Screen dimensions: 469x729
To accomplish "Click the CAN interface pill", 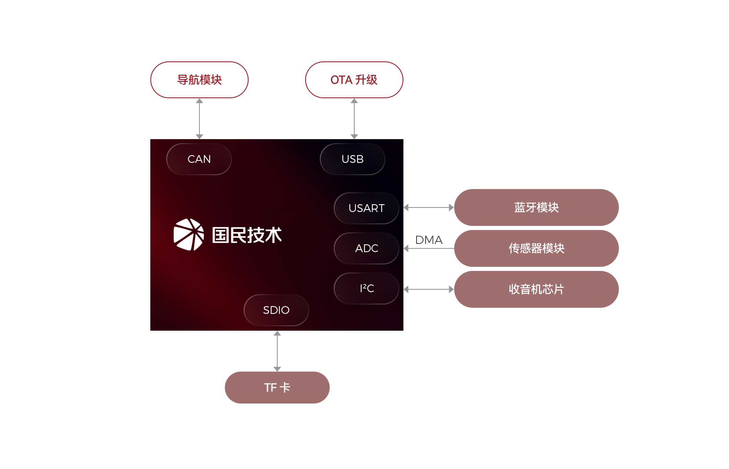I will [x=199, y=159].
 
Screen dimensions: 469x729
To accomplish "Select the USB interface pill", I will [x=352, y=159].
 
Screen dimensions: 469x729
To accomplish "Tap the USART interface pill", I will [x=366, y=208].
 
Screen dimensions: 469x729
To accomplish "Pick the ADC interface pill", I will [x=366, y=248].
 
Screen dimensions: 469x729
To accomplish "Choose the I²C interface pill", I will [x=366, y=289].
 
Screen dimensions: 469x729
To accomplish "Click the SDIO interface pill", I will [x=276, y=310].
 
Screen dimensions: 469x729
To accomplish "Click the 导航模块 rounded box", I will [x=199, y=80].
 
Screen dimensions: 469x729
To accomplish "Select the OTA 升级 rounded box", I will [x=354, y=80].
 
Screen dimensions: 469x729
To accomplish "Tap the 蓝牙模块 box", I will [x=536, y=207].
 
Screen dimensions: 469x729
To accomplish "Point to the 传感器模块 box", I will [x=536, y=248].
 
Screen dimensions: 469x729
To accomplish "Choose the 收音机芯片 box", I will [x=536, y=289].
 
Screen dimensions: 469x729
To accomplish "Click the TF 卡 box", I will [x=277, y=387].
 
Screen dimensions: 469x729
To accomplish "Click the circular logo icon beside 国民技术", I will [x=189, y=234].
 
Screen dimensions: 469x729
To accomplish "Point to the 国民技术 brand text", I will [x=247, y=235].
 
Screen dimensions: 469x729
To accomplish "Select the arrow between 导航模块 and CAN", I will [x=199, y=118].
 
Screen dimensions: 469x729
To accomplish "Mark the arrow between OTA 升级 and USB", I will [x=354, y=118].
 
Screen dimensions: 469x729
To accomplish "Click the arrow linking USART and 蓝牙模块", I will [x=428, y=207].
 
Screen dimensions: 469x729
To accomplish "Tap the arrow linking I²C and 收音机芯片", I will [x=428, y=289].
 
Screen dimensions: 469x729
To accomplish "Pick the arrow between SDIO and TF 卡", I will [x=277, y=351].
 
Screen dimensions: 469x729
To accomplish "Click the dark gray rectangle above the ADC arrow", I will [x=429, y=240].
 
